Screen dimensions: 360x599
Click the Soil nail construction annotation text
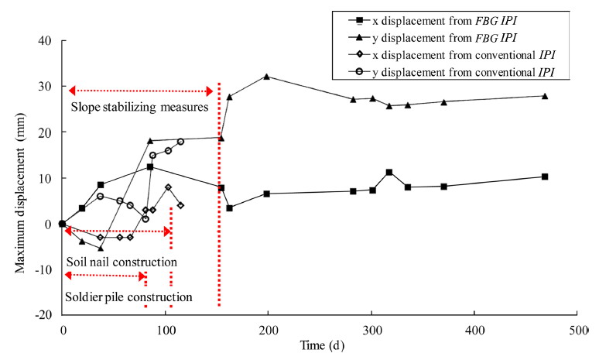point(122,262)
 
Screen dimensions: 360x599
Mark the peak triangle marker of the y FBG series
point(267,77)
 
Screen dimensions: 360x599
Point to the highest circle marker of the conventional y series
point(180,142)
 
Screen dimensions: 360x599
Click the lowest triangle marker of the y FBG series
point(101,249)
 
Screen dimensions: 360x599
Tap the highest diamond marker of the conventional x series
point(168,187)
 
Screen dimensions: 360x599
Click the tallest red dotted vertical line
point(220,194)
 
